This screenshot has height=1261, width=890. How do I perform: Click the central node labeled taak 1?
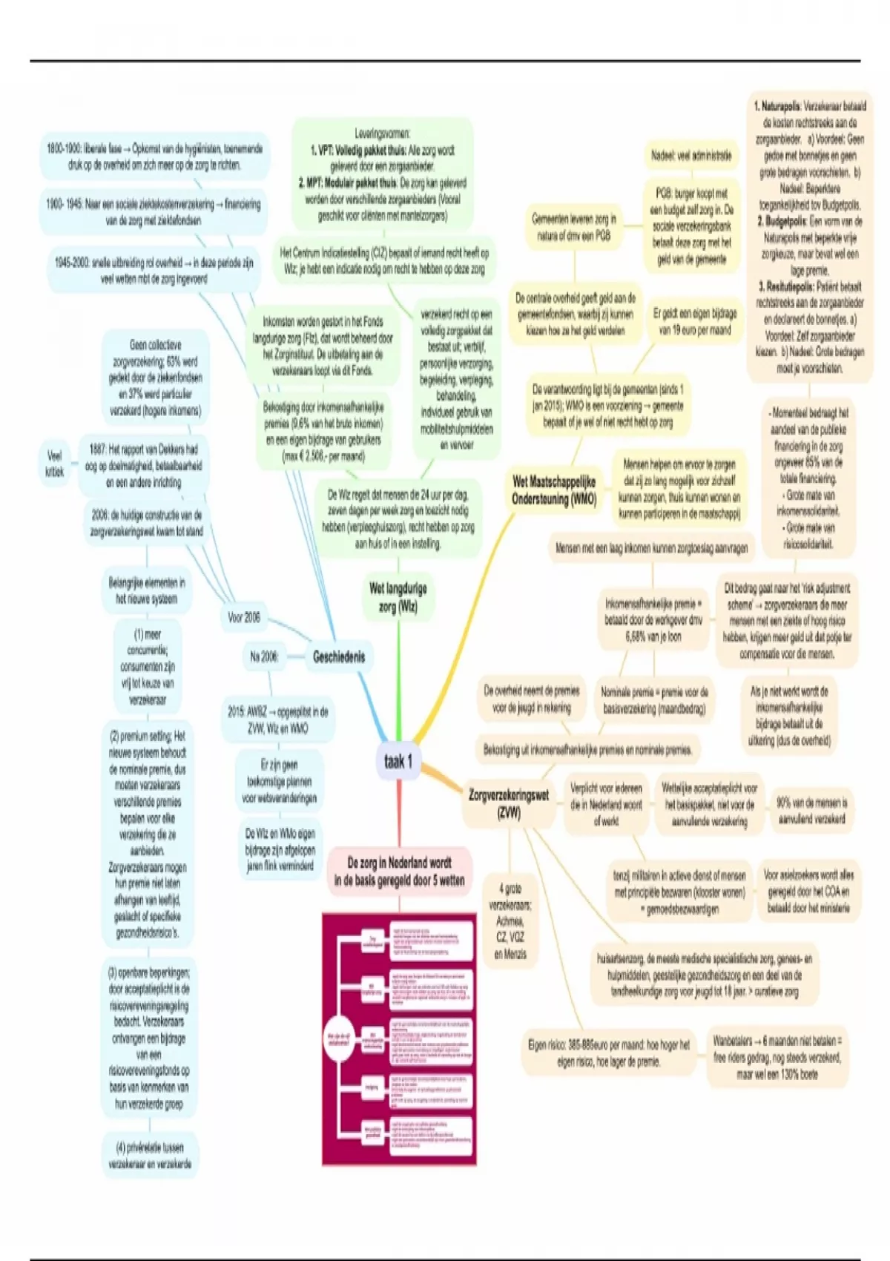(x=398, y=761)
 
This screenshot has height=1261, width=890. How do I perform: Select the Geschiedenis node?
(x=339, y=656)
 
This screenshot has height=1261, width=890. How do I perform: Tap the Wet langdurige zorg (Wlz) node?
(x=398, y=597)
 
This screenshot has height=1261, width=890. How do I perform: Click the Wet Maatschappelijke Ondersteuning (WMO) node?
(x=554, y=490)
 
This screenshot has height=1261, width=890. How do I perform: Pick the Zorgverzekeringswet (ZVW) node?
(x=509, y=803)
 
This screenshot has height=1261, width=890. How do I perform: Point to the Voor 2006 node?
(x=244, y=617)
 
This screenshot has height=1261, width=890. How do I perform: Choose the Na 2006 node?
(x=264, y=656)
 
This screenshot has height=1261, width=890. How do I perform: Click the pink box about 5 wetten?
(x=399, y=872)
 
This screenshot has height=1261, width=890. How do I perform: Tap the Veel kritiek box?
(x=55, y=463)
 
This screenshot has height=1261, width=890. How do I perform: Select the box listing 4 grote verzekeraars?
(x=510, y=921)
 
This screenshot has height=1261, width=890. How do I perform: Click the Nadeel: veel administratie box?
(x=691, y=156)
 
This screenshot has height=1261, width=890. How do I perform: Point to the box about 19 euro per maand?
(x=695, y=322)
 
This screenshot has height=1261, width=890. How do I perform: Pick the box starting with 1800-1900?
(x=154, y=157)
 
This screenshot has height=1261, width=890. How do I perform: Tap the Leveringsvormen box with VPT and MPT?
(x=382, y=174)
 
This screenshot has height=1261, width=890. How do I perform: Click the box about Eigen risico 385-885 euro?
(x=608, y=1053)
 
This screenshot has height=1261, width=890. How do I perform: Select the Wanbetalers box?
(x=777, y=1057)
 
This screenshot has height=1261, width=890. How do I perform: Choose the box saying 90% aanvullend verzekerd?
(x=811, y=811)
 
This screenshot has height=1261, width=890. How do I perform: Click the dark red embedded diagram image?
(x=399, y=1038)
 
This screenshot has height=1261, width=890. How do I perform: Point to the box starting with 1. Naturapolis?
(x=810, y=237)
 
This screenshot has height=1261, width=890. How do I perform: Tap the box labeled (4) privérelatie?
(x=150, y=1156)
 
